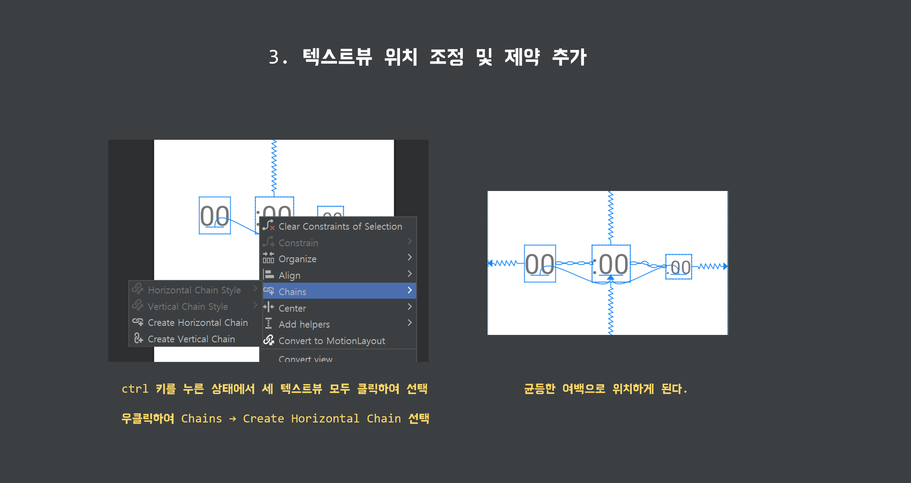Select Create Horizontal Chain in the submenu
tap(197, 322)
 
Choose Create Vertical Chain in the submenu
tap(191, 339)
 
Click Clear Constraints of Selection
tap(340, 226)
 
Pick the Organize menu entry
tap(298, 259)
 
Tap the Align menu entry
tap(289, 275)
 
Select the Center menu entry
tap(292, 308)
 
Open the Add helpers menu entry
tap(304, 324)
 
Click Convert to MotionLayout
tap(331, 340)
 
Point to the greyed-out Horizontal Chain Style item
tap(194, 290)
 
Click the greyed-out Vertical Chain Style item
tap(188, 306)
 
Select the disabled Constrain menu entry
tap(298, 243)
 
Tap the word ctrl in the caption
tap(135, 389)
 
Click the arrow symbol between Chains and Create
tap(233, 419)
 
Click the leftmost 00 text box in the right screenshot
tap(540, 264)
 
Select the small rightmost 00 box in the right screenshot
tap(678, 267)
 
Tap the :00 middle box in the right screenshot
tap(611, 264)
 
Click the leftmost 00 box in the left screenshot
tap(215, 215)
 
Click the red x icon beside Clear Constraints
tap(272, 228)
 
